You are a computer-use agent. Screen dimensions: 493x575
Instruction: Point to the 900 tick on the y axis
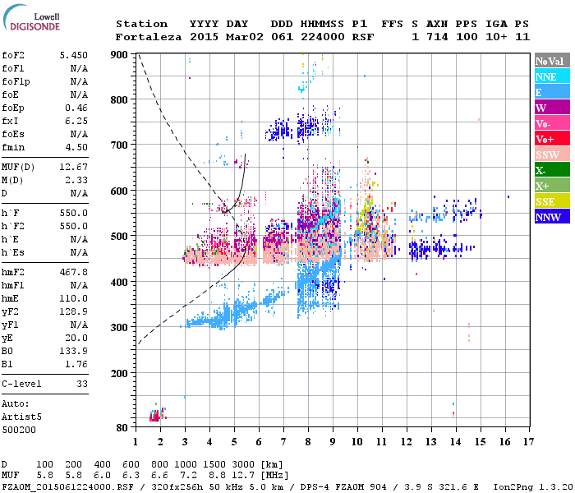click(120, 54)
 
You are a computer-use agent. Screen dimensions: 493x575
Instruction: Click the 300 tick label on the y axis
click(120, 328)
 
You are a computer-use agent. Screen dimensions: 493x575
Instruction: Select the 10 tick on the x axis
click(356, 442)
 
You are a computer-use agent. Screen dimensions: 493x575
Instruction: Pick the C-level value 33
click(81, 384)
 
